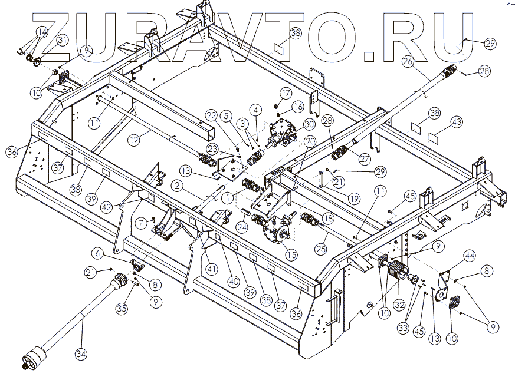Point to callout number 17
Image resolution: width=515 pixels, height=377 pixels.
pos(286,92)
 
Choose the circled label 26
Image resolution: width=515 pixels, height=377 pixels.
pos(406,60)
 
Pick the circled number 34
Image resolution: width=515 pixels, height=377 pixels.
pos(81,354)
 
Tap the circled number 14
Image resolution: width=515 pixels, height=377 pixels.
pos(42,32)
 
